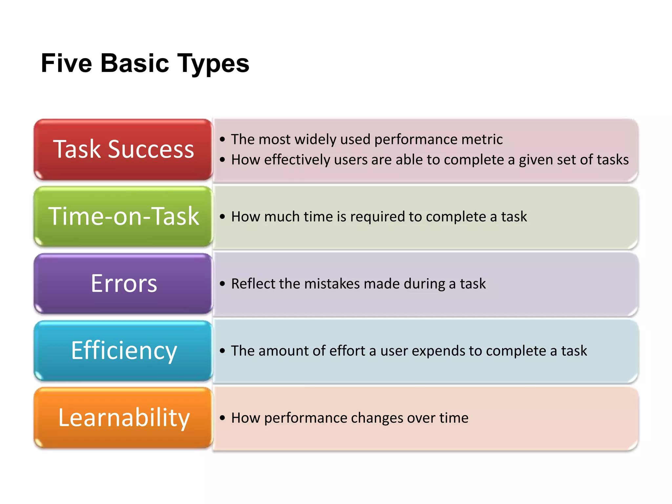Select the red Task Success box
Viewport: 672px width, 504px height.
coord(123,149)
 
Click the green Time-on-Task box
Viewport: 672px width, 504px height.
coord(123,216)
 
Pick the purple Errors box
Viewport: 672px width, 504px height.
coord(123,283)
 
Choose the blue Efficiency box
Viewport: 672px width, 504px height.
coord(123,350)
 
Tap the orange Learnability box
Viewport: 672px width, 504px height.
coord(123,417)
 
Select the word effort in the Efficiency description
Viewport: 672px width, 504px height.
coord(347,350)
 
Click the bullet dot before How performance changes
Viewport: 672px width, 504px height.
coord(222,418)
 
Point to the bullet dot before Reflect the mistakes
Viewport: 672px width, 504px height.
coord(222,284)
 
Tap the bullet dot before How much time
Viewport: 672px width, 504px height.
coord(222,217)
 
